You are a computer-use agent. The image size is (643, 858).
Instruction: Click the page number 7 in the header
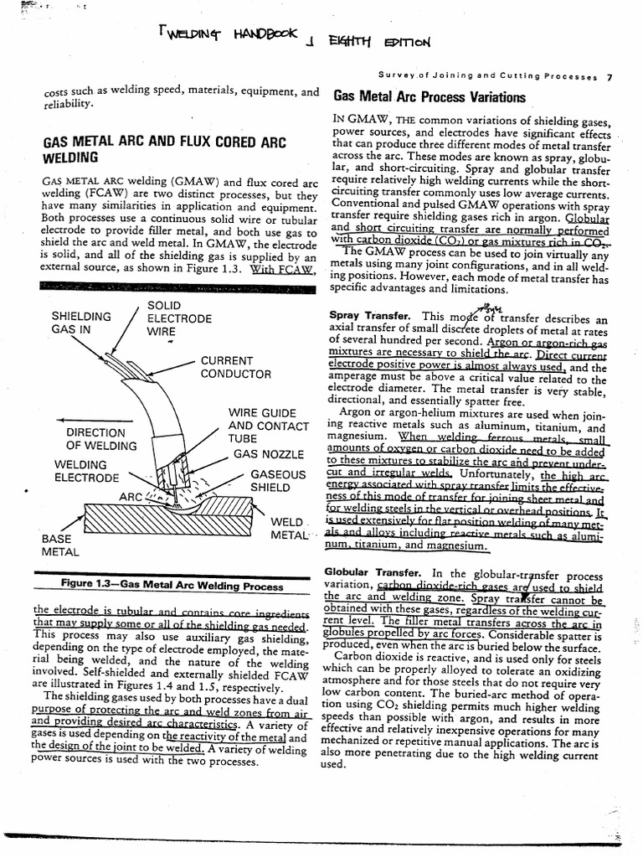pyautogui.click(x=610, y=77)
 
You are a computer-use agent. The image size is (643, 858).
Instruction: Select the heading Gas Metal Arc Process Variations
pyautogui.click(x=430, y=97)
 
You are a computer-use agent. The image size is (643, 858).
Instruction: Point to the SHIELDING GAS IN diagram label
pyautogui.click(x=80, y=323)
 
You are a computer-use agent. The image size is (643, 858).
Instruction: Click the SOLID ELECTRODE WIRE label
pyautogui.click(x=179, y=318)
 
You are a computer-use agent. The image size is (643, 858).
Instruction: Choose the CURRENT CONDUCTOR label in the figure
pyautogui.click(x=235, y=367)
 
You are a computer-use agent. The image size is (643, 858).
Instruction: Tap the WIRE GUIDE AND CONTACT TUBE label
pyautogui.click(x=262, y=426)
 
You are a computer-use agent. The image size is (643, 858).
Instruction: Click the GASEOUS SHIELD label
pyautogui.click(x=277, y=481)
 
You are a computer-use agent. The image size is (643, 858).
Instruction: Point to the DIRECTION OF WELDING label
pyautogui.click(x=95, y=439)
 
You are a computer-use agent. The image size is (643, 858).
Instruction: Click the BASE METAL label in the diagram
pyautogui.click(x=59, y=545)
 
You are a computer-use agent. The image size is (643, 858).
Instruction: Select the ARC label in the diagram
pyautogui.click(x=131, y=497)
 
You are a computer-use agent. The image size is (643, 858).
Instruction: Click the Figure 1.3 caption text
pyautogui.click(x=172, y=586)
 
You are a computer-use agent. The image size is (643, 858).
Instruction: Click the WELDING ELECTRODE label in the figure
pyautogui.click(x=86, y=471)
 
